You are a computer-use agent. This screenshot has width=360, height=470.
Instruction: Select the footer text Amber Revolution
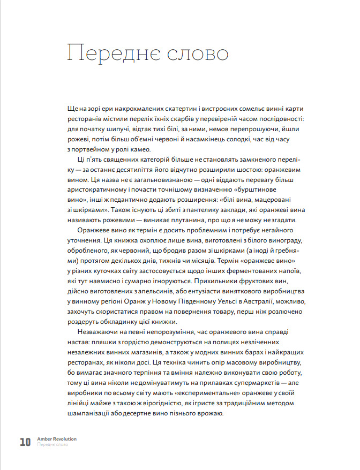tap(57, 439)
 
